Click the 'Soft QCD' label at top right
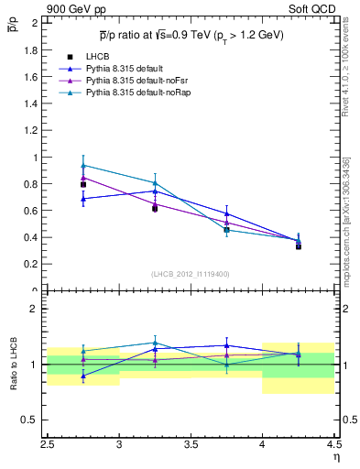pos(314,9)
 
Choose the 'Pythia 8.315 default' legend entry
pos(123,69)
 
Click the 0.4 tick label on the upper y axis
pos(35,237)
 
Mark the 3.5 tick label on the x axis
pos(191,443)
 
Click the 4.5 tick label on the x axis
pos(333,443)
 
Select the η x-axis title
pos(336,456)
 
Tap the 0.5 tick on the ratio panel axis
pos(35,420)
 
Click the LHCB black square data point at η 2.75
pos(83,184)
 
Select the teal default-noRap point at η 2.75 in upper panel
pos(83,166)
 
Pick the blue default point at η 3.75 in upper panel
pos(226,213)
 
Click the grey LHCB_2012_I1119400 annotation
pos(191,274)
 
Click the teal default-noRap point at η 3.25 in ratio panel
pos(155,343)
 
